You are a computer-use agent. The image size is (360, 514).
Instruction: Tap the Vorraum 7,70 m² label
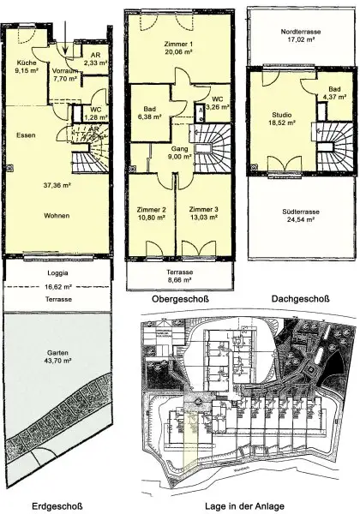[x=65, y=74]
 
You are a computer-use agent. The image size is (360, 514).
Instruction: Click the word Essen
[x=26, y=135]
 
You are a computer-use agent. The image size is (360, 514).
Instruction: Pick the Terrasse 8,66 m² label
[x=180, y=275]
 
